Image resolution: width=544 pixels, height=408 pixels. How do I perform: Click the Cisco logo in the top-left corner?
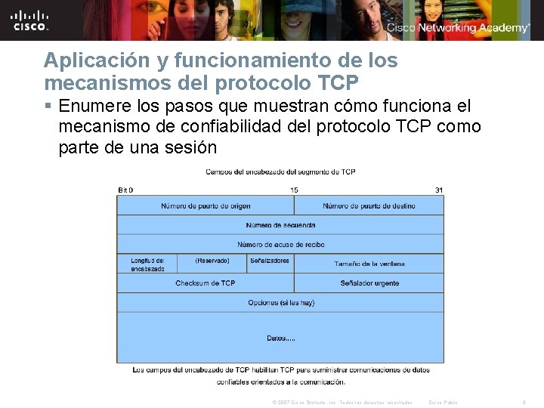[x=31, y=20]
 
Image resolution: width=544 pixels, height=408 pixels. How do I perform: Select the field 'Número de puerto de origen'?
[x=206, y=206]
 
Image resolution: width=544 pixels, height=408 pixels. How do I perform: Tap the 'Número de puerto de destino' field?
[x=369, y=206]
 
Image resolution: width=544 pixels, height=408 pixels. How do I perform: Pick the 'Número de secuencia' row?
[x=280, y=225]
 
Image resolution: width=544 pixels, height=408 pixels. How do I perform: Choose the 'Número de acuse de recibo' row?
[x=280, y=244]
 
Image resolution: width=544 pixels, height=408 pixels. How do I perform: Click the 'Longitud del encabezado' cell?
[x=147, y=264]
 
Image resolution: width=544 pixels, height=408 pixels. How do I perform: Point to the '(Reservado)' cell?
[x=212, y=261]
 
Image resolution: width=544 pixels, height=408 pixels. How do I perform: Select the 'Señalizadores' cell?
[x=270, y=261]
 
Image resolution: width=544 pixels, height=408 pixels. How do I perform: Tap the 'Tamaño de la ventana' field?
[x=369, y=264]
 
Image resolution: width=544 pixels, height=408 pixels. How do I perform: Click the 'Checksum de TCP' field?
[x=206, y=283]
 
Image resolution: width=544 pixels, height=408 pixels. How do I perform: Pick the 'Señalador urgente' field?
[x=369, y=283]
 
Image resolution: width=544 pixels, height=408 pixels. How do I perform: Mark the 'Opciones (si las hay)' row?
[x=280, y=303]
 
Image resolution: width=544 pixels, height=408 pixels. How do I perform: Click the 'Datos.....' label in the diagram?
[x=280, y=338]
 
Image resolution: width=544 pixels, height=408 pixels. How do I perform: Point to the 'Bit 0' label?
[x=126, y=190]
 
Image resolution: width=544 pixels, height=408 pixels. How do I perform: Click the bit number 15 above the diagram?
[x=294, y=190]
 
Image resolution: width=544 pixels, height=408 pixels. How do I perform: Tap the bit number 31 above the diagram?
[x=439, y=190]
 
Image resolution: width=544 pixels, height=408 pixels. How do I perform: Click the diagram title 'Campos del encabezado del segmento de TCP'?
[x=280, y=172]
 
